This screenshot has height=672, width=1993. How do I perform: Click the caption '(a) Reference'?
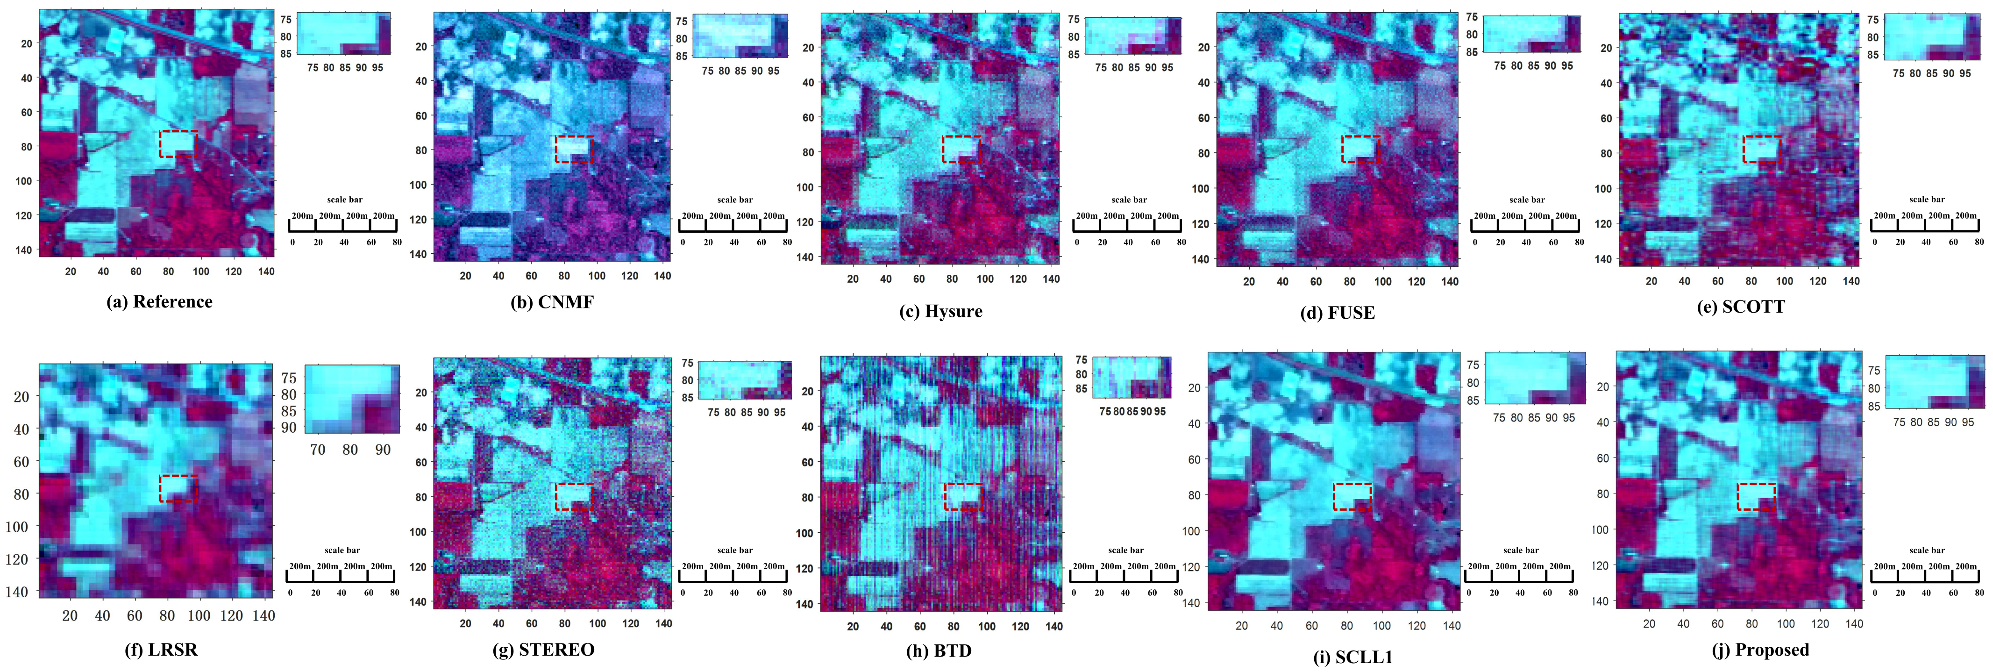(x=159, y=302)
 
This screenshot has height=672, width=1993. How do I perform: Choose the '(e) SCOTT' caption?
(x=1741, y=307)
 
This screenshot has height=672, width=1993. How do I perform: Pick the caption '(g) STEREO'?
(x=543, y=650)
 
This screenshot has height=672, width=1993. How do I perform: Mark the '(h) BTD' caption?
(x=939, y=651)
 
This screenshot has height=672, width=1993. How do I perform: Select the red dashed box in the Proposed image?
(x=1756, y=496)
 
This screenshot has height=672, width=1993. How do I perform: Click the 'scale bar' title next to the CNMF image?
(x=734, y=200)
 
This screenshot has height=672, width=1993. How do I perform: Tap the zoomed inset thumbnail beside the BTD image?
(x=1132, y=377)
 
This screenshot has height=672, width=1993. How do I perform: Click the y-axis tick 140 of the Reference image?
(x=23, y=250)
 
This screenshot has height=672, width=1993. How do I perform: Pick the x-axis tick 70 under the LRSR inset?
(x=317, y=450)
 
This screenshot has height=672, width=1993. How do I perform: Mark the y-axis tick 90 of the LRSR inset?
(x=289, y=427)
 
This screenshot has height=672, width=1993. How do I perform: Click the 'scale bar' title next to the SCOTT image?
(x=1927, y=200)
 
